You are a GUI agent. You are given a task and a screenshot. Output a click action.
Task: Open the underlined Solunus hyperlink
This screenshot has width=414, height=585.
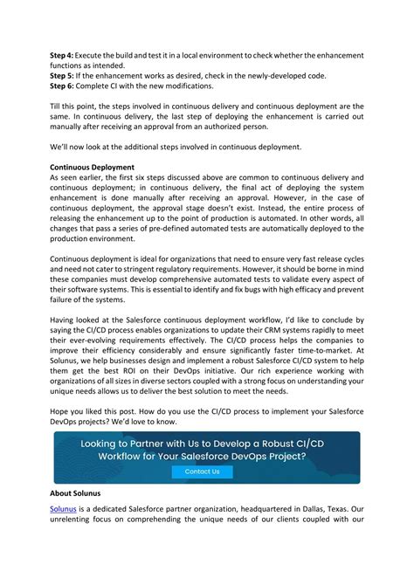[64, 506]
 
